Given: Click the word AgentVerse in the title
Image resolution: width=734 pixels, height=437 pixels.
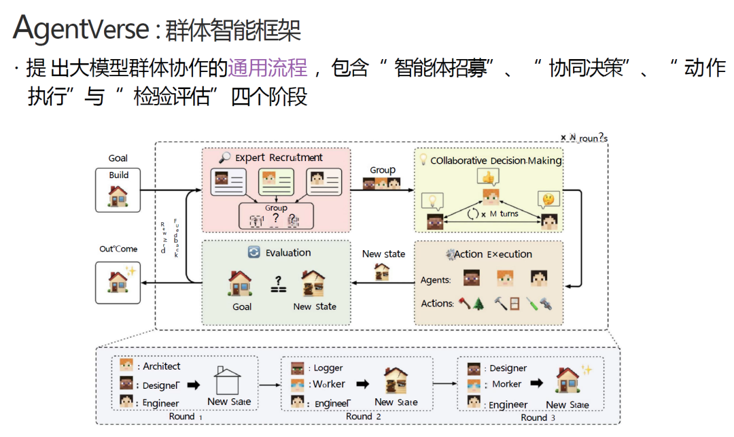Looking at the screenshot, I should pyautogui.click(x=80, y=29).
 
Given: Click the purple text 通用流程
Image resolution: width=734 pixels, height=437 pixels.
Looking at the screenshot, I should pyautogui.click(x=267, y=67).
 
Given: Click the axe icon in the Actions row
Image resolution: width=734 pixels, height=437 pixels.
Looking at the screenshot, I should pyautogui.click(x=464, y=303).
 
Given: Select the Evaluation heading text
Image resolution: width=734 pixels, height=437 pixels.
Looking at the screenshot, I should pyautogui.click(x=287, y=252).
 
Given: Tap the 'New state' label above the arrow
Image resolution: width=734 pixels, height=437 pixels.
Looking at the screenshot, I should pyautogui.click(x=383, y=254).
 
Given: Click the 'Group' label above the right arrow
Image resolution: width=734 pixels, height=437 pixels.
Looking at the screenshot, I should pyautogui.click(x=383, y=170).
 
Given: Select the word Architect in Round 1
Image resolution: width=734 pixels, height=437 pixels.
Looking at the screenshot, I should pyautogui.click(x=162, y=366).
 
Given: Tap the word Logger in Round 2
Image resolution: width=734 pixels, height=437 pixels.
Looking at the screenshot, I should pyautogui.click(x=328, y=368).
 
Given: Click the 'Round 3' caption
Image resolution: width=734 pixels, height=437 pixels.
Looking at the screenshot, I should pyautogui.click(x=538, y=417).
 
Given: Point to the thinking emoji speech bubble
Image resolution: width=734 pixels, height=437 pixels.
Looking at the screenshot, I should pyautogui.click(x=548, y=200).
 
